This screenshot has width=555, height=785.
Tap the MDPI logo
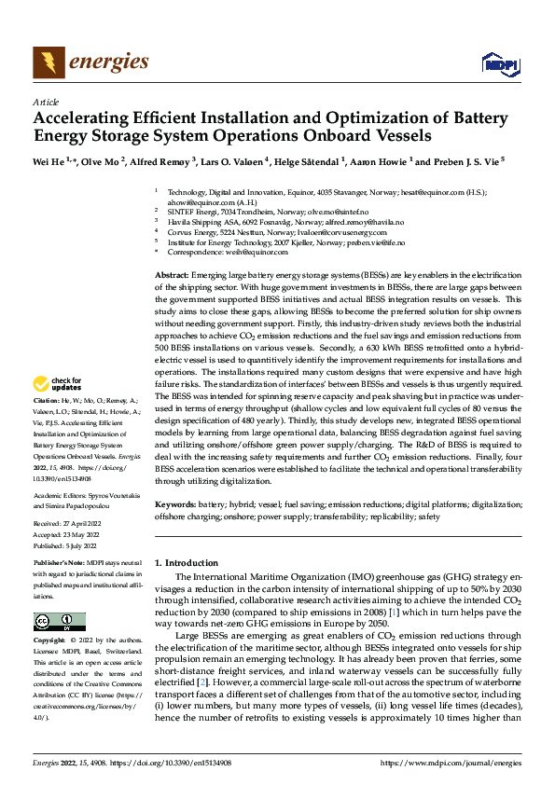(496, 63)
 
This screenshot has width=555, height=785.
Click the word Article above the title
(46, 102)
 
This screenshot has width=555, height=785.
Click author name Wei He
(49, 160)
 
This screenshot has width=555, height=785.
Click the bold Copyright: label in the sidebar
(49, 640)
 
